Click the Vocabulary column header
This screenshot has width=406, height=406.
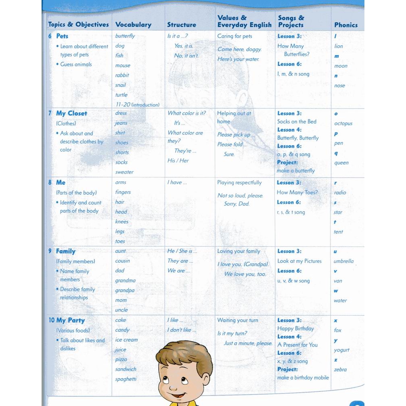click(x=133, y=25)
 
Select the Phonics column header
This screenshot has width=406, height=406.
click(x=346, y=25)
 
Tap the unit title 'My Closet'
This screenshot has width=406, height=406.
click(x=71, y=113)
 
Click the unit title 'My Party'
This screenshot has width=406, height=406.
click(x=70, y=320)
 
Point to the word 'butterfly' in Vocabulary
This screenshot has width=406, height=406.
click(x=125, y=36)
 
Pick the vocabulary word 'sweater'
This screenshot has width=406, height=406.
click(x=124, y=172)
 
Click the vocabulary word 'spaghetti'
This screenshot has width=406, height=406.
click(x=126, y=379)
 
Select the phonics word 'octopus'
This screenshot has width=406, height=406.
click(x=343, y=123)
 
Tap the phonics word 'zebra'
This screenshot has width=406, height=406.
click(x=340, y=369)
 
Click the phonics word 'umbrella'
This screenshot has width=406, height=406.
click(x=343, y=261)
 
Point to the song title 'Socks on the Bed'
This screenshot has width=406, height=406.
click(x=297, y=121)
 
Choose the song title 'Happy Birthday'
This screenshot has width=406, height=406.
click(x=295, y=329)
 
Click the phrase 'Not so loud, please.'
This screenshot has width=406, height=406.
click(x=240, y=195)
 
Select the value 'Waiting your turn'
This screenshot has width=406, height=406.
click(x=238, y=320)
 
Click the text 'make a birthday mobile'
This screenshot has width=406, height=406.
click(x=303, y=378)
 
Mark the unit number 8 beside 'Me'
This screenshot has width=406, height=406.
click(x=50, y=182)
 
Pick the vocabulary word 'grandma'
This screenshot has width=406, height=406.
click(x=126, y=280)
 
